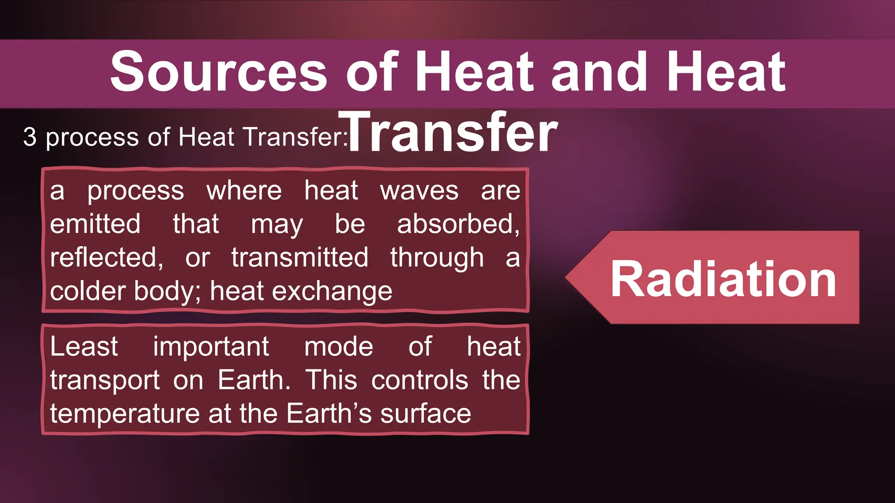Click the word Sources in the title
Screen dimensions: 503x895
tap(219, 72)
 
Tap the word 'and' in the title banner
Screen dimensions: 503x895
tap(599, 72)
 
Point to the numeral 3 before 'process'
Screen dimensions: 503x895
tap(30, 137)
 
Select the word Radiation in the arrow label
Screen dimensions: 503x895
tap(723, 279)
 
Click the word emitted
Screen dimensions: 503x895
tap(95, 224)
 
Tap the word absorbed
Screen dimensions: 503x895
tap(458, 224)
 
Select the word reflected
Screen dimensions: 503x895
tap(106, 258)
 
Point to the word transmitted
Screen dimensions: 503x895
tap(300, 258)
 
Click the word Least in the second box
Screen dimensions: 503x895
tap(84, 347)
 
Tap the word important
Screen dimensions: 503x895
tap(211, 348)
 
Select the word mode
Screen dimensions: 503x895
tap(339, 347)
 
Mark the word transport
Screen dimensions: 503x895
tap(105, 380)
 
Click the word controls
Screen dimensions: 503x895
tap(420, 380)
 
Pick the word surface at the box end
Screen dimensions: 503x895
tap(426, 414)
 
